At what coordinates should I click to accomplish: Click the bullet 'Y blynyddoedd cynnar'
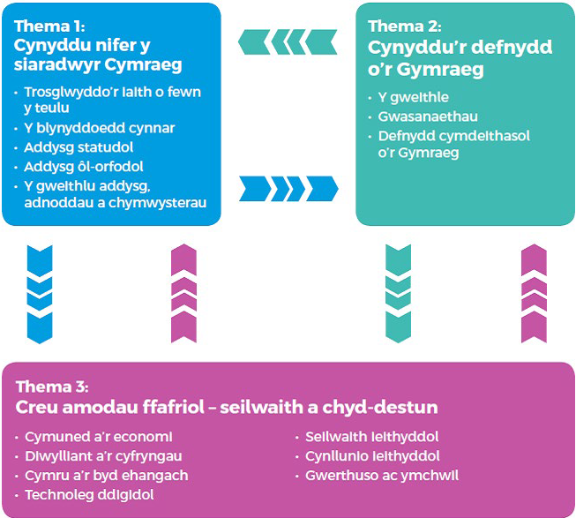100,128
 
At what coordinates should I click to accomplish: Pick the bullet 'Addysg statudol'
76,147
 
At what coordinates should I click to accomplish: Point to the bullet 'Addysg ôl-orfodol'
84,167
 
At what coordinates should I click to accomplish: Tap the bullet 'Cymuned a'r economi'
99,437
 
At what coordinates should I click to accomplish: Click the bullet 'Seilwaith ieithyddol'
371,437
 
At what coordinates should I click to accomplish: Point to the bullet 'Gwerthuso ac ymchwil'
382,476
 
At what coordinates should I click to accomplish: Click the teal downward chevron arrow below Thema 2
398,292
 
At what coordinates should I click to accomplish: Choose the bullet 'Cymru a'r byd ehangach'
107,476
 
